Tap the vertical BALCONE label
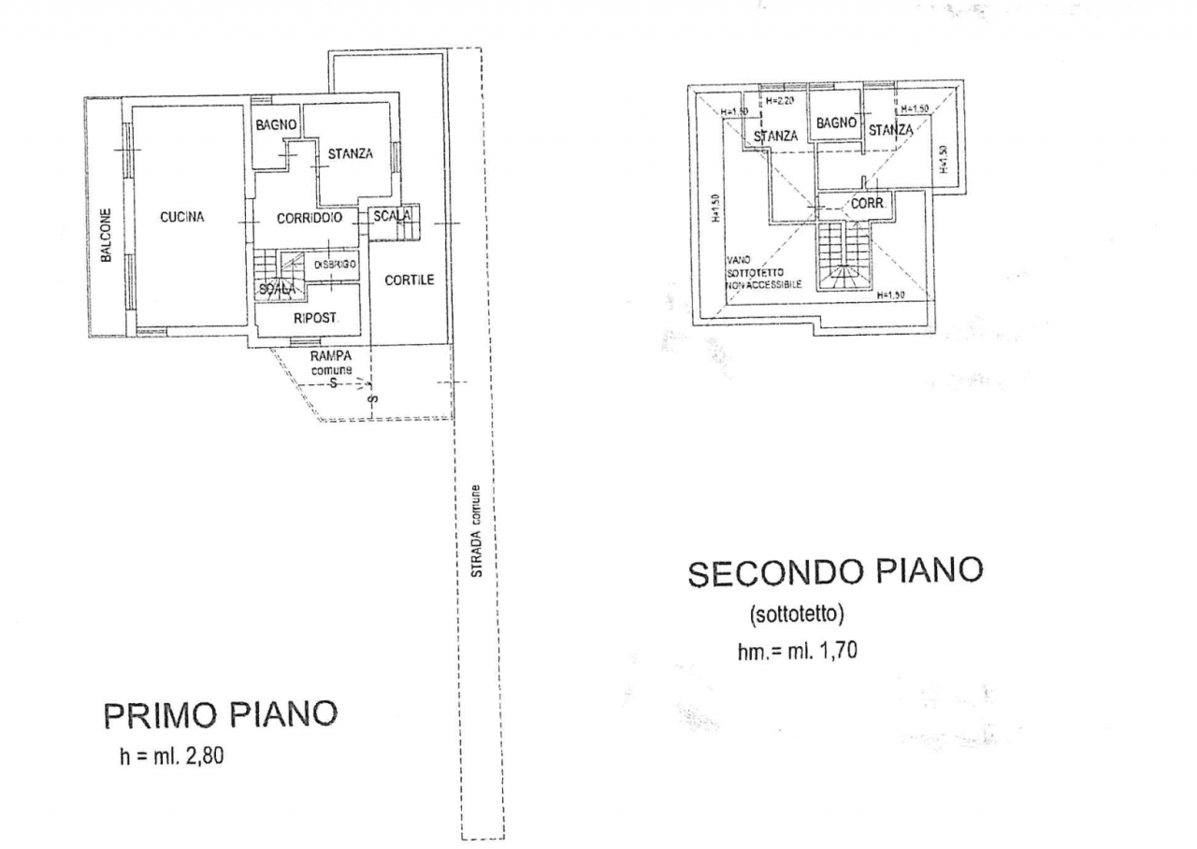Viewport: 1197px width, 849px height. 108,234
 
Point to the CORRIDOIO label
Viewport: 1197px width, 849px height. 310,218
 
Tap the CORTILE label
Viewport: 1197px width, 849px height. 410,280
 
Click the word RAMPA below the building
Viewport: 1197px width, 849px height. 330,356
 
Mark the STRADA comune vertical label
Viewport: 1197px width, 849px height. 476,531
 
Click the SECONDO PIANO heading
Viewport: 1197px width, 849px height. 836,573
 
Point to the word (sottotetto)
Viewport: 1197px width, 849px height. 798,614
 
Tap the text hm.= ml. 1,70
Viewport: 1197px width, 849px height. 797,652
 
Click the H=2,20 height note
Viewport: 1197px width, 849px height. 780,101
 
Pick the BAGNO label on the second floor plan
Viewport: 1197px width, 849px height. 836,122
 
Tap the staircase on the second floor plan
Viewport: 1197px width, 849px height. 844,257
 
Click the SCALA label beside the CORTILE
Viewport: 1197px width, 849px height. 392,216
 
